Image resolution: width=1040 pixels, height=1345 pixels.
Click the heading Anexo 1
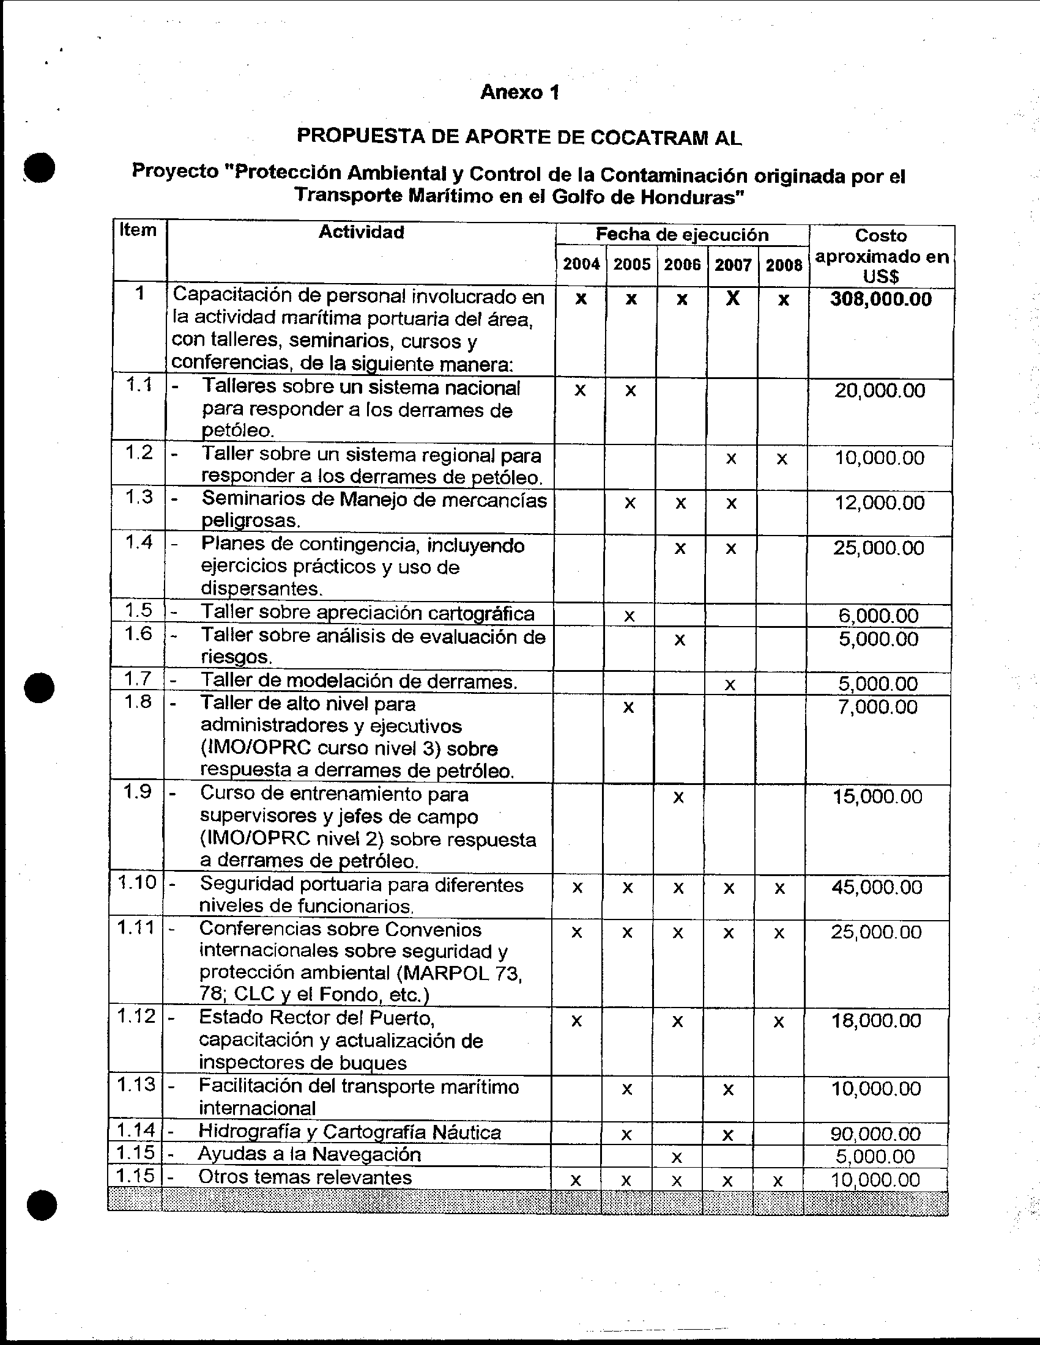519,92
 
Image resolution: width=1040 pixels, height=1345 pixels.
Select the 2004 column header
581,265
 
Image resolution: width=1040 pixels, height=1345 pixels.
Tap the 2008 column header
784,265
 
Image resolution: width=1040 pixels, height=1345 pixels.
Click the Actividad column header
361,232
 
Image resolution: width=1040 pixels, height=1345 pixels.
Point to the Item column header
138,230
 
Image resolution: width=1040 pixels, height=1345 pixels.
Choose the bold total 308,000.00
880,300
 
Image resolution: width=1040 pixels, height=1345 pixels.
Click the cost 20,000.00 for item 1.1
879,391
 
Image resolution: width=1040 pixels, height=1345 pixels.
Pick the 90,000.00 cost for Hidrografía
875,1133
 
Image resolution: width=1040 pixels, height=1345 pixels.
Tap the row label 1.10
137,882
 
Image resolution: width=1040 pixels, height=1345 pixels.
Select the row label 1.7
138,679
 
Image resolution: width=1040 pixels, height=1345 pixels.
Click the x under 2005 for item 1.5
629,616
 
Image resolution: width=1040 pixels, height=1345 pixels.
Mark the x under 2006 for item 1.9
678,797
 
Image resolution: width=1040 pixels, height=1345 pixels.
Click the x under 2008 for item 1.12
779,1022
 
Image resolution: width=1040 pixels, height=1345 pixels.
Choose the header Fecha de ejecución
682,235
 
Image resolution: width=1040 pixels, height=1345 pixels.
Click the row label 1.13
136,1085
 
